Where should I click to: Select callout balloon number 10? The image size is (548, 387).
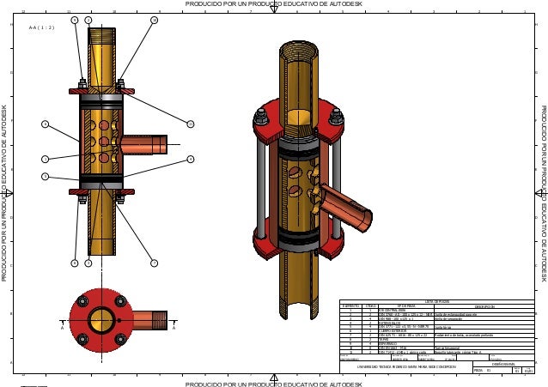click(154, 19)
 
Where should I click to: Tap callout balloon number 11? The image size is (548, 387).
click(191, 124)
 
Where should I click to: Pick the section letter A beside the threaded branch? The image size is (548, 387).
click(174, 326)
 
